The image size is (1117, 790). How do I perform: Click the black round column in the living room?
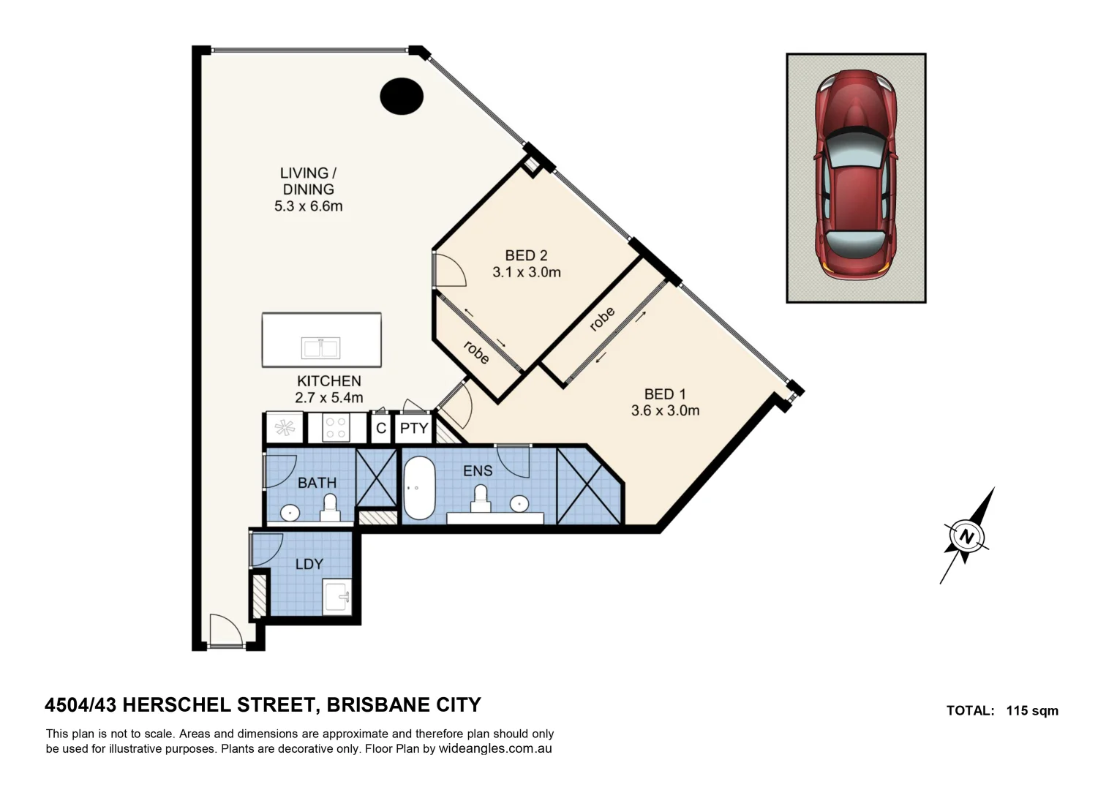click(x=402, y=96)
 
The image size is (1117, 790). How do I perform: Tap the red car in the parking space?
click(x=856, y=174)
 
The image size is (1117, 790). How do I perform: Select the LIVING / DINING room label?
click(x=308, y=181)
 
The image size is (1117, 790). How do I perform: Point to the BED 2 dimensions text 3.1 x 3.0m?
click(x=526, y=272)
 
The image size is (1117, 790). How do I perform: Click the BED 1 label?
click(x=664, y=394)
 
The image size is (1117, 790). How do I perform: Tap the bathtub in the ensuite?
click(x=419, y=488)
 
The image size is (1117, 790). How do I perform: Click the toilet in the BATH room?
click(x=330, y=507)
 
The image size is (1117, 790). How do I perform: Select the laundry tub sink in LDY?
click(x=338, y=596)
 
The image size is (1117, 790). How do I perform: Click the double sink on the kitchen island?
click(x=320, y=347)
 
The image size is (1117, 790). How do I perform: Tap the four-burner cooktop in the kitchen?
click(x=335, y=428)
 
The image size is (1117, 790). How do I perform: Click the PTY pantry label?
click(x=414, y=428)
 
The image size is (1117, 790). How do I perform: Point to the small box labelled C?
click(x=380, y=429)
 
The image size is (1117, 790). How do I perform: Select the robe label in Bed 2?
click(x=476, y=353)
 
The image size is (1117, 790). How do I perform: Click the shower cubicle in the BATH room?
click(x=375, y=478)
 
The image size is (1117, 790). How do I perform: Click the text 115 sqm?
click(x=1032, y=710)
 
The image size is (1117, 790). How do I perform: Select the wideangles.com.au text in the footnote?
click(x=494, y=748)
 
